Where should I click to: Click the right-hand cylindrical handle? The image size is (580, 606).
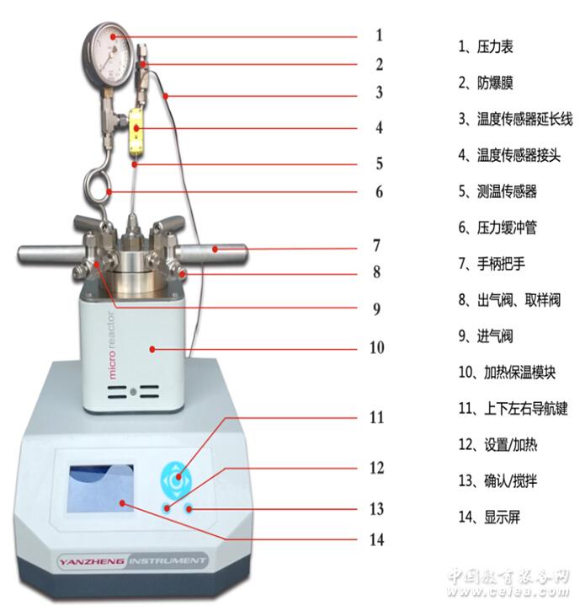[x=211, y=252]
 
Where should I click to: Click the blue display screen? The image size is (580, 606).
[x=101, y=489]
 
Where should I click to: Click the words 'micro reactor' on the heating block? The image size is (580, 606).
[x=111, y=345]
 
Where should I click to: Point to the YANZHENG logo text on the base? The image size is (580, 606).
[x=92, y=561]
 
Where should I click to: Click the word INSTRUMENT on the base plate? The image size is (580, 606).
[x=167, y=560]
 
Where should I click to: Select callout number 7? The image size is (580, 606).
[x=376, y=246]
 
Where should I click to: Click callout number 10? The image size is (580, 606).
[x=376, y=347]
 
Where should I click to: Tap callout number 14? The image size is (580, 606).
[x=376, y=539]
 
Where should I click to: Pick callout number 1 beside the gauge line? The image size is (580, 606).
[x=379, y=35]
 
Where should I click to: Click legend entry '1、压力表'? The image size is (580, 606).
[x=486, y=46]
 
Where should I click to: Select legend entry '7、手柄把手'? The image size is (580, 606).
[x=492, y=264]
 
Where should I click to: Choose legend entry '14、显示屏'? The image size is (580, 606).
[x=489, y=518]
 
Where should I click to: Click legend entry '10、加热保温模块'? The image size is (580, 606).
[x=507, y=373]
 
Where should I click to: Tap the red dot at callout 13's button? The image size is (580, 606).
[x=189, y=508]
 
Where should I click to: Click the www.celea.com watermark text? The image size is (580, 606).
[x=508, y=591]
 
